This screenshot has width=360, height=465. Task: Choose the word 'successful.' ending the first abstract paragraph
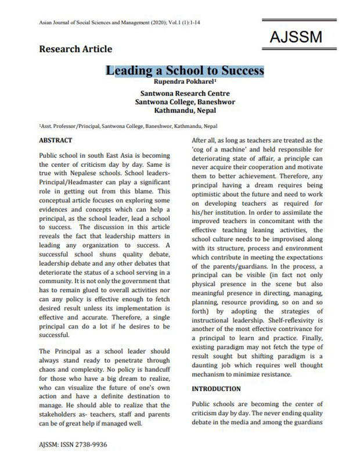(56, 335)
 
